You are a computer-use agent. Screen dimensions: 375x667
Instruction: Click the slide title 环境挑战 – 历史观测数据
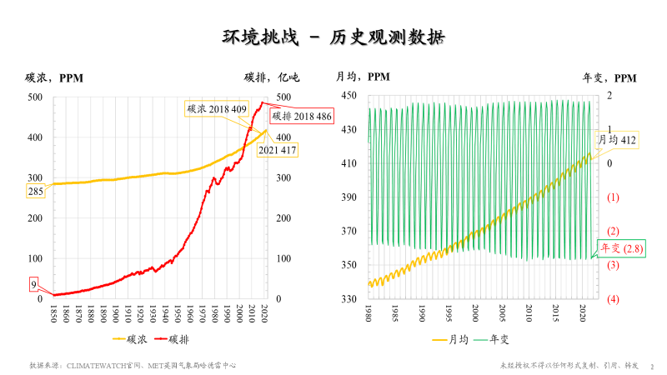333,37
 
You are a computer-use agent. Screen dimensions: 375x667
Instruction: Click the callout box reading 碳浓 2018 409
216,109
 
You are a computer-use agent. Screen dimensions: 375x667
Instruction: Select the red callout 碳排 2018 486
302,116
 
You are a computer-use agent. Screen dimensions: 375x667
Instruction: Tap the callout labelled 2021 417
277,150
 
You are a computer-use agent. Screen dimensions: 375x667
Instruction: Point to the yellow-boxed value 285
37,192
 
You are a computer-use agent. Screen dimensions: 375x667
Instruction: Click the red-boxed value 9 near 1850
33,284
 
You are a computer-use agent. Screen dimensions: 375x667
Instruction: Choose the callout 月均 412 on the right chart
618,141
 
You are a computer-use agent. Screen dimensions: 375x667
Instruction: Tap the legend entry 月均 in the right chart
450,339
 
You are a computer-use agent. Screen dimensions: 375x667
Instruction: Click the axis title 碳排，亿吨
271,78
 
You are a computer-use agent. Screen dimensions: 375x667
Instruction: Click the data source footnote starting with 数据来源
134,365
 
